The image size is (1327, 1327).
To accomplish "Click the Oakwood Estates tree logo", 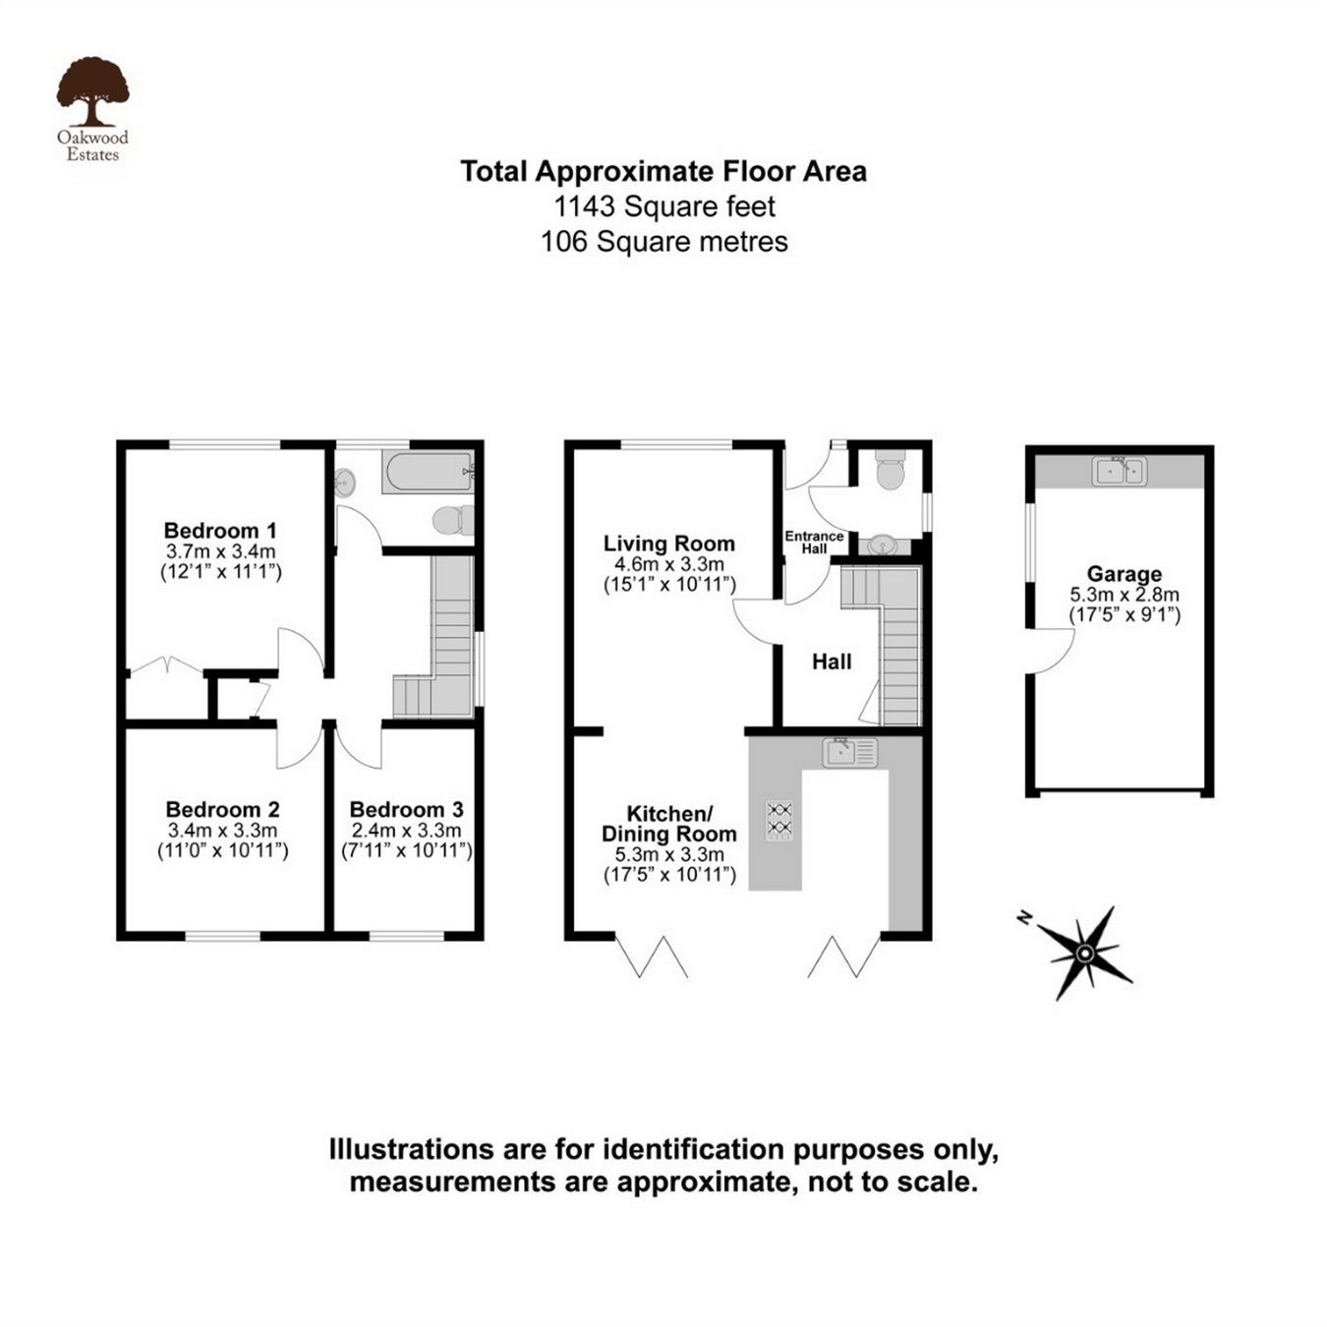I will coord(92,92).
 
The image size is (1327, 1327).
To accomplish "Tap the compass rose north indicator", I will coord(1083,952).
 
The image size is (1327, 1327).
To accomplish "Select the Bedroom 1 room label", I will coord(220,531).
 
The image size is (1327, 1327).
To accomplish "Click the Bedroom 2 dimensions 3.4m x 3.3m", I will coord(222,831).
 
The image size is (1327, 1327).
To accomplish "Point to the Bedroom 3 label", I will coord(406,810).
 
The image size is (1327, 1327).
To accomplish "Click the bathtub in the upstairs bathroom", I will coord(428,473).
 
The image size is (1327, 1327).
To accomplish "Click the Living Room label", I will coord(668,544).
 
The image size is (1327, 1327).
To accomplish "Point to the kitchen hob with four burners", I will coord(779,820).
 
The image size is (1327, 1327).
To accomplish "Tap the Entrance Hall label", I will coord(814,542).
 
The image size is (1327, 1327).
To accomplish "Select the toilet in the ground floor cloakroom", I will coord(890,471).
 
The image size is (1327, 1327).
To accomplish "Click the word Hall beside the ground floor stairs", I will coord(832,663).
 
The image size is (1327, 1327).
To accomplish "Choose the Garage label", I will coord(1124,574).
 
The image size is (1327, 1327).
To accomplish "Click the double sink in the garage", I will coord(1120,472).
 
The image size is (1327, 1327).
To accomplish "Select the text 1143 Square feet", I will coord(664,206).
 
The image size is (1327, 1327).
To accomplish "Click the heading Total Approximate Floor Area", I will coord(663,172).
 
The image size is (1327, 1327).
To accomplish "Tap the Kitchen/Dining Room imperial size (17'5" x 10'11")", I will coord(669,875).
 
